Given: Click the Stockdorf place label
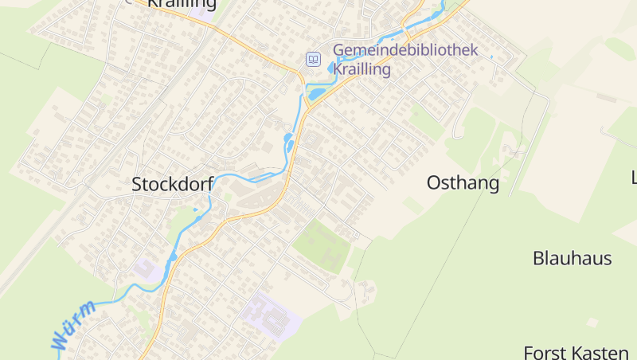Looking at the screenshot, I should [172, 185].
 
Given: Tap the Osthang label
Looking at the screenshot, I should [463, 183].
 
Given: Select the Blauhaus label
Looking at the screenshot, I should [572, 258].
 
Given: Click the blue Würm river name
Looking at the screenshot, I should [73, 326].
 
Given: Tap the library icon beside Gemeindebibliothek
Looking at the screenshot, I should [314, 59].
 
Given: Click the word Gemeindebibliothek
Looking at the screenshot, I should [405, 50].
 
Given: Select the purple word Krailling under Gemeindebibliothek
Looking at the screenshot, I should [361, 69].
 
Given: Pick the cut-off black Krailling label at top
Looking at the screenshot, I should [182, 4].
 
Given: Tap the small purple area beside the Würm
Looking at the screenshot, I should [146, 268].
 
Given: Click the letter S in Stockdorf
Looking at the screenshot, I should [137, 185].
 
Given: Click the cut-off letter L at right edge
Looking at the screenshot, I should [634, 177].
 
